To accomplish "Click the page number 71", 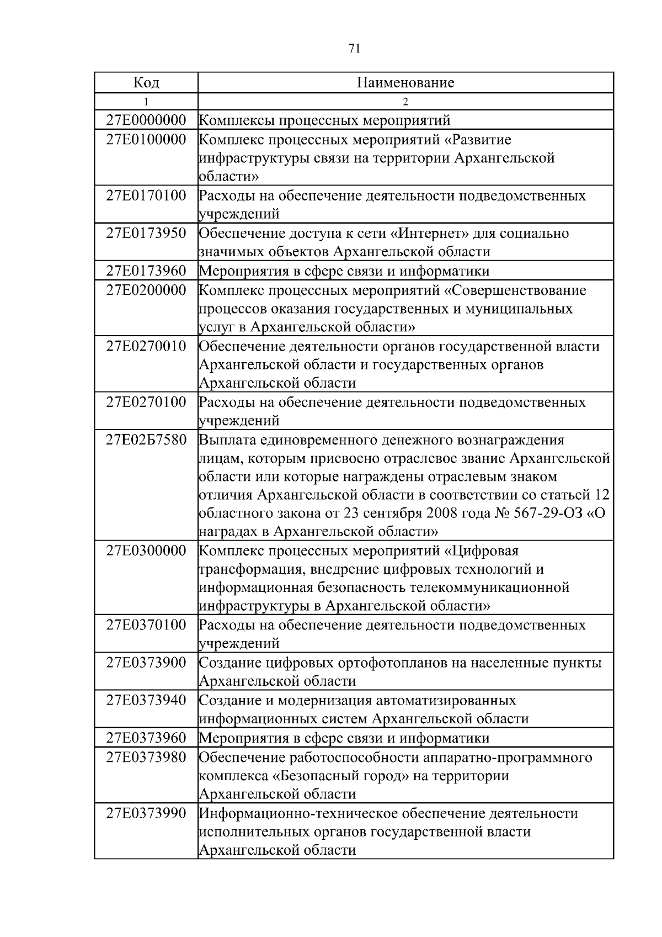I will pos(355,49).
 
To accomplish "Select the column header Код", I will pos(146,83).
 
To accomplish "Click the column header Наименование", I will pos(405,83).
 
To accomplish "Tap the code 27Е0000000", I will pos(146,120).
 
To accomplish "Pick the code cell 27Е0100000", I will pos(146,139).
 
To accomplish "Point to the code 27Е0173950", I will pos(146,233).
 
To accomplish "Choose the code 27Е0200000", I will pos(146,290).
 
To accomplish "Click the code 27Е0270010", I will pos(146,346).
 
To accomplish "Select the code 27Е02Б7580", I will pos(146,441).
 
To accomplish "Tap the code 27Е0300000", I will pos(146,550).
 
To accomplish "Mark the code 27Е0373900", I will pos(146,663).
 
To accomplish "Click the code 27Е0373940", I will pos(146,700).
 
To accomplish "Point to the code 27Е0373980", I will pos(146,757).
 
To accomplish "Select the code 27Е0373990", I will pos(146,813).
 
